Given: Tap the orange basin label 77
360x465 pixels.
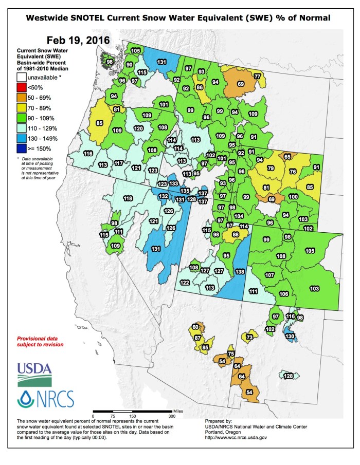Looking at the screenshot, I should (x=257, y=76).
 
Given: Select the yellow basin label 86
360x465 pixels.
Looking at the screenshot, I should (x=200, y=88).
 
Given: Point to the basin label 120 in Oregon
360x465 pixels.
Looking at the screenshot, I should (x=138, y=128).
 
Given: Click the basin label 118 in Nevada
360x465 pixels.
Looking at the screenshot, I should (x=128, y=198).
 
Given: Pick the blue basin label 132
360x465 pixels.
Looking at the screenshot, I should (x=163, y=196).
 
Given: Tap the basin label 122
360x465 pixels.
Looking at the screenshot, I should (x=184, y=283).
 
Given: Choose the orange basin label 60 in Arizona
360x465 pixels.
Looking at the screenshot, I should (x=195, y=327).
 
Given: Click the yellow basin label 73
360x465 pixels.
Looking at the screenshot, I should (x=249, y=337).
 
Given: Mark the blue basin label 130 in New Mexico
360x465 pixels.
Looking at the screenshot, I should (x=290, y=337).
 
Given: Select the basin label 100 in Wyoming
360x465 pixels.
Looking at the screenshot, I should (x=293, y=196).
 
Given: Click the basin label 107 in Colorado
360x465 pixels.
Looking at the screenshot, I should (x=269, y=275).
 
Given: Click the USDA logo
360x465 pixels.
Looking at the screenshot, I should (x=34, y=373).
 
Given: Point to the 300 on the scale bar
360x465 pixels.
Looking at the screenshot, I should (x=172, y=416).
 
